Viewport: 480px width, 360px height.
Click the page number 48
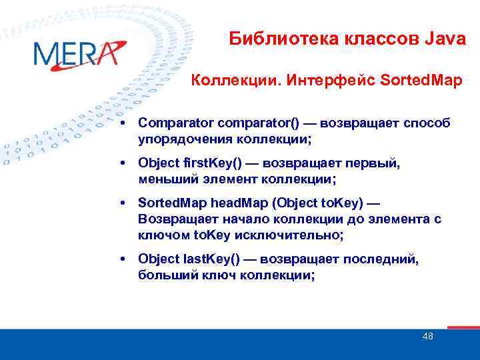pos(427,336)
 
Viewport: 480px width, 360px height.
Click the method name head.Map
pos(228,203)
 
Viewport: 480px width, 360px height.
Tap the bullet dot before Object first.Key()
pos(125,163)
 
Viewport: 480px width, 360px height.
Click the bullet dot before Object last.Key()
pos(125,259)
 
